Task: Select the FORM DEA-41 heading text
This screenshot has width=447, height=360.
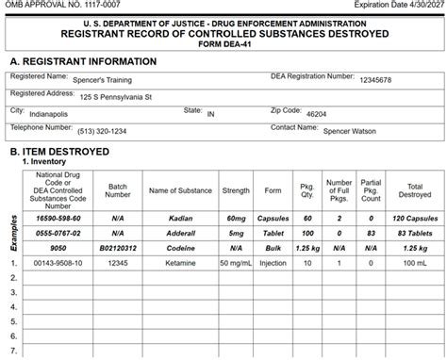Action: pos(223,43)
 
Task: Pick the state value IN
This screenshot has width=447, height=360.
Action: pos(210,114)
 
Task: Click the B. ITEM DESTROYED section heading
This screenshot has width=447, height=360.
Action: pos(59,151)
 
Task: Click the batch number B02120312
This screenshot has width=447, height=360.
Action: pos(118,247)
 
